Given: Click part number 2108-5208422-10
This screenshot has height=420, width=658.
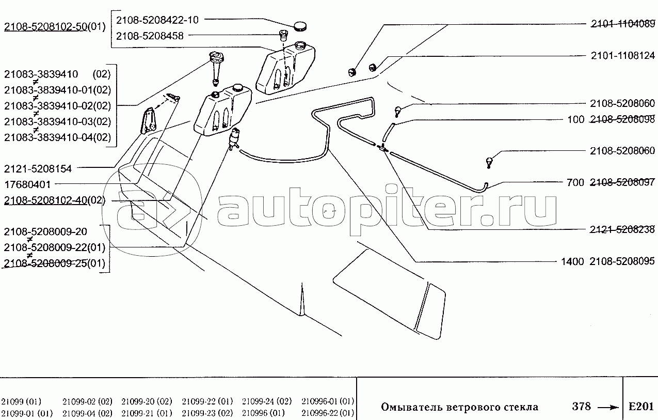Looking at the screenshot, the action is [x=157, y=20].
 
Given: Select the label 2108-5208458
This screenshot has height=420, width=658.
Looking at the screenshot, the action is [x=150, y=36].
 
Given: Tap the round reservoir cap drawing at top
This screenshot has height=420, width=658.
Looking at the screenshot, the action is [x=300, y=26].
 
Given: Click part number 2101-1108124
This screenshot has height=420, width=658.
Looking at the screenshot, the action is [x=623, y=56].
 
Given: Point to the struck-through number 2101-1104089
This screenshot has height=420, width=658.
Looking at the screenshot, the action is [x=623, y=24].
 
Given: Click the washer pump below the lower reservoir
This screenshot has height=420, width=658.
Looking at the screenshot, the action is [x=234, y=139].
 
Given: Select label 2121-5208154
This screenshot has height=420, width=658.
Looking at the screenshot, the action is [x=38, y=169].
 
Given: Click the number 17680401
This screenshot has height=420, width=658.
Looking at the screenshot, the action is [x=28, y=185].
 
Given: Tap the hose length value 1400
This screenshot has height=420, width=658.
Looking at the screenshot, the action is [x=572, y=261].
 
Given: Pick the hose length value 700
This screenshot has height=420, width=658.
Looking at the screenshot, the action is [x=575, y=182].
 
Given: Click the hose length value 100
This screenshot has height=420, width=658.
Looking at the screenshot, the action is [x=576, y=119].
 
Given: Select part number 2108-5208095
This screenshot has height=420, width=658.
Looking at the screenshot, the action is [x=622, y=261].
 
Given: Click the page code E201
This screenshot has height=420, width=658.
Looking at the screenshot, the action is [x=641, y=407].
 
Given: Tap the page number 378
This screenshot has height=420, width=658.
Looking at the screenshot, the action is [x=581, y=406].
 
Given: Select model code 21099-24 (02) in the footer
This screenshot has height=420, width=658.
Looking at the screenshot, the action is [x=267, y=401].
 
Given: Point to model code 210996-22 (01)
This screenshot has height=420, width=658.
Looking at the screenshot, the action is [x=328, y=413].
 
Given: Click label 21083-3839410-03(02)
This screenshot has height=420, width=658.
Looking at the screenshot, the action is [x=58, y=121].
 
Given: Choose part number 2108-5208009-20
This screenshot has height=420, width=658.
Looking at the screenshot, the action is [x=45, y=232].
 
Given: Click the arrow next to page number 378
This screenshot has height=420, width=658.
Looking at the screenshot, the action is [x=608, y=408].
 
